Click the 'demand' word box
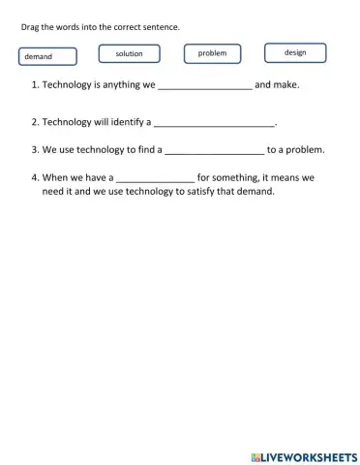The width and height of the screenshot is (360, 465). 47,57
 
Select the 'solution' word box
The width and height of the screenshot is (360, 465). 129,54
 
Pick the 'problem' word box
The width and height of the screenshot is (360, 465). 212,53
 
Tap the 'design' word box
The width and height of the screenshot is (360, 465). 295,52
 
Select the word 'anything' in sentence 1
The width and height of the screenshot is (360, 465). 121,85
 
